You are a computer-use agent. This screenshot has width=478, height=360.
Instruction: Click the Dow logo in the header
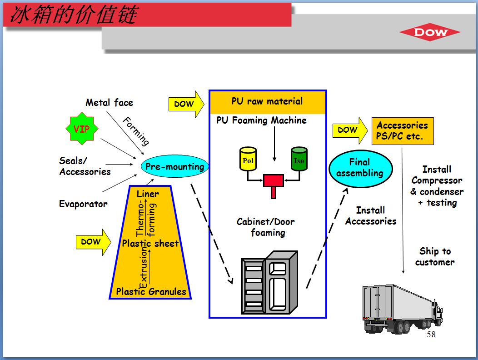point(430,32)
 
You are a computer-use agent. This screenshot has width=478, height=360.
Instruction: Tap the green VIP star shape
point(82,130)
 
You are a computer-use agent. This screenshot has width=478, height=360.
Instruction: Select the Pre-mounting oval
point(174,167)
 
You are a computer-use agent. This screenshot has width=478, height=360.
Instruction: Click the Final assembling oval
point(360,168)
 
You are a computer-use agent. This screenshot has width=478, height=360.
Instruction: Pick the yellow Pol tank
point(248,159)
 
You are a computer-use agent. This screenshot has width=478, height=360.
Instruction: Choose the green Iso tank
point(299,159)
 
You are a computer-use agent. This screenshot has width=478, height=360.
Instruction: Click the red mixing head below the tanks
point(274,183)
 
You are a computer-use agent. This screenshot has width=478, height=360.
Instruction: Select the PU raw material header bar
point(268,102)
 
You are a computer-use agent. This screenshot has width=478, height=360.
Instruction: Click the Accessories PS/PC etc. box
point(402,131)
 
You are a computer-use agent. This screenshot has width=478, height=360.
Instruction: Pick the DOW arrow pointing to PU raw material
point(186,104)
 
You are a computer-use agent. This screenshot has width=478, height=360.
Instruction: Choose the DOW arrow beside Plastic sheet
point(93,242)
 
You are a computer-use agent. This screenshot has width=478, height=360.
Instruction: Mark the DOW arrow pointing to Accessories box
point(350,130)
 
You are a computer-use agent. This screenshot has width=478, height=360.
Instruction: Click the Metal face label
point(110,103)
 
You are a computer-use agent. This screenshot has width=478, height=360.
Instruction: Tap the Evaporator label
point(83,204)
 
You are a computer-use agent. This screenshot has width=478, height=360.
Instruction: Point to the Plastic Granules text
point(151,291)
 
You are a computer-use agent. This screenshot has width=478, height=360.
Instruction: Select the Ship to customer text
point(435,257)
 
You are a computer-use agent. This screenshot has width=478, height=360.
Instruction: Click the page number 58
point(431,335)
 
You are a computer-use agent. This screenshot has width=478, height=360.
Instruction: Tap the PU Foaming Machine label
point(261,120)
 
